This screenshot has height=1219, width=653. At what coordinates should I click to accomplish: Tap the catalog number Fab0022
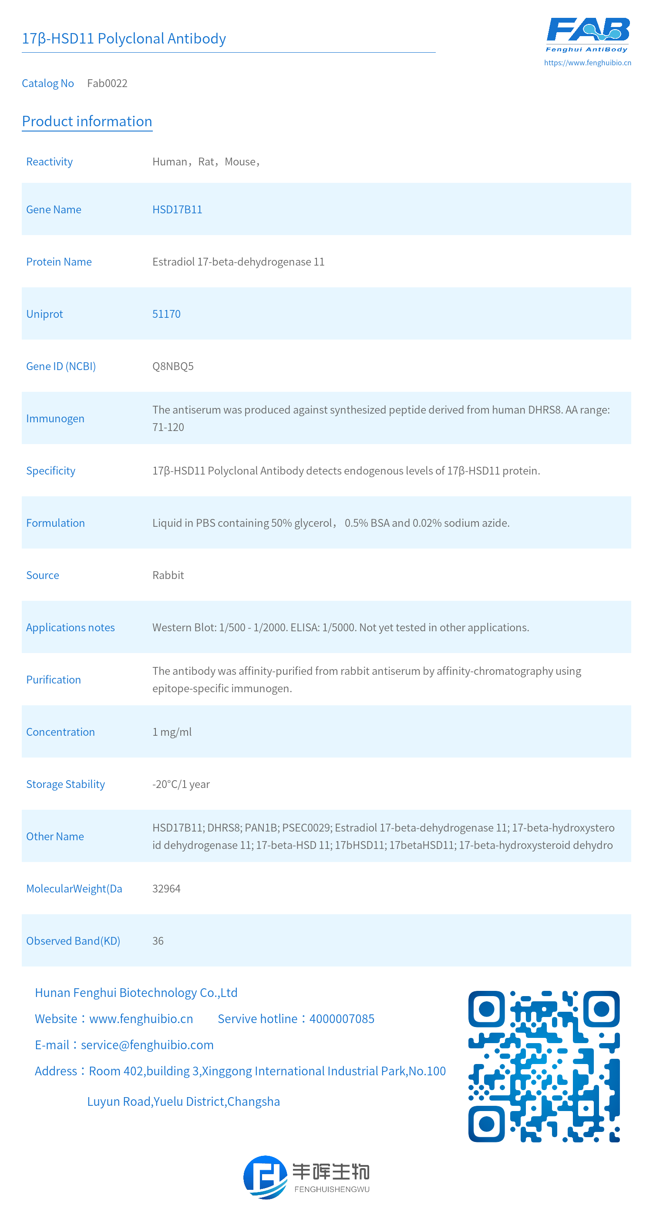[x=107, y=83]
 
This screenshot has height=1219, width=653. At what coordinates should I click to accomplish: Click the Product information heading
[x=87, y=121]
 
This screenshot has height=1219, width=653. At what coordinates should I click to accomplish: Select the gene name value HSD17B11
[x=177, y=210]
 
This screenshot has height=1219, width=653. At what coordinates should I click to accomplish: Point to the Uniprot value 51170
[x=166, y=314]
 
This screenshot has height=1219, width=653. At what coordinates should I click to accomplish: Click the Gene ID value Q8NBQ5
[x=173, y=366]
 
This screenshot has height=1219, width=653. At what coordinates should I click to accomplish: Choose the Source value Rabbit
[x=168, y=576]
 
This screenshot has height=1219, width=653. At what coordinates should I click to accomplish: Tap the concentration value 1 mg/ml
[x=172, y=732]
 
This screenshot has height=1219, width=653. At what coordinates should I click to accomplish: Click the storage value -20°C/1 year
[x=181, y=784]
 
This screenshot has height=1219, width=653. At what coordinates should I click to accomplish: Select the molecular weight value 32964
[x=166, y=889]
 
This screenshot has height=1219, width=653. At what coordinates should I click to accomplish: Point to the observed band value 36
[x=158, y=941]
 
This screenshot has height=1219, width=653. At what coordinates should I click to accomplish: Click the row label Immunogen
[x=55, y=419]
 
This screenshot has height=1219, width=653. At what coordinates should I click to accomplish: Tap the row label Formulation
[x=55, y=523]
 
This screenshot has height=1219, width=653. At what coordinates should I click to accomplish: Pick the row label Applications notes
[x=71, y=627]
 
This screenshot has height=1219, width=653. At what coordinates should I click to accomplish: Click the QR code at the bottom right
[x=544, y=1066]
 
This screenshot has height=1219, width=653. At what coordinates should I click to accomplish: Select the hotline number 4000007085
[x=342, y=1019]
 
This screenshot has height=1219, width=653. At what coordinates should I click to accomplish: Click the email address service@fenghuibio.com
[x=147, y=1045]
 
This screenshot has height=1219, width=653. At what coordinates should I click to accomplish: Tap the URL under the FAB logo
[x=587, y=62]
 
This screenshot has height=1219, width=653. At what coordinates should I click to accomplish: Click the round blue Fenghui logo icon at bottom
[x=265, y=1177]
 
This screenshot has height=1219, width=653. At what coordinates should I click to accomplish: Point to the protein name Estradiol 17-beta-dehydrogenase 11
[x=238, y=262]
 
